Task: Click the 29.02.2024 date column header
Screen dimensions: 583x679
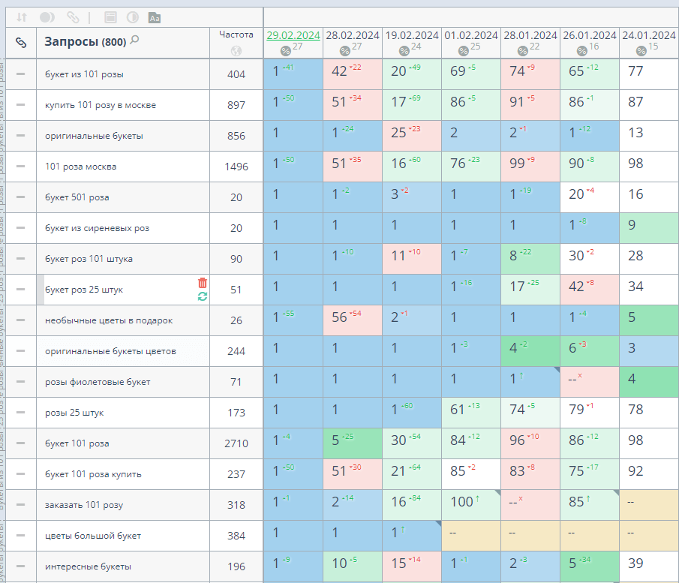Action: [293, 35]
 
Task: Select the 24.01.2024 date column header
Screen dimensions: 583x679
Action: [650, 35]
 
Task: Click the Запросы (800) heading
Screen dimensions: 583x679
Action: [85, 42]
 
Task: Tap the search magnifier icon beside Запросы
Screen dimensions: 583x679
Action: [134, 41]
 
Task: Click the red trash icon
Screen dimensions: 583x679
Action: [203, 282]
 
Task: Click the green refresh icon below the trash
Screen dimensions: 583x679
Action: [203, 296]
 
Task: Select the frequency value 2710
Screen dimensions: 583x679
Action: [236, 443]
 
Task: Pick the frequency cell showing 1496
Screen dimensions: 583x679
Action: [236, 167]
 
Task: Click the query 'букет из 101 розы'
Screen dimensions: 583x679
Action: [84, 74]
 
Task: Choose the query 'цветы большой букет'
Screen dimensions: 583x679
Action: [93, 536]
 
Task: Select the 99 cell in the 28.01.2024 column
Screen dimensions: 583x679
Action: [530, 167]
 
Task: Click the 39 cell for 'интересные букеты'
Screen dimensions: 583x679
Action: [649, 566]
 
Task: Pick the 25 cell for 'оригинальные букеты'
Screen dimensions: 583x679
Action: [411, 136]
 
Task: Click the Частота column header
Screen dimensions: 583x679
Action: [236, 35]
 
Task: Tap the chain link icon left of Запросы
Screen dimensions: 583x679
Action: [21, 43]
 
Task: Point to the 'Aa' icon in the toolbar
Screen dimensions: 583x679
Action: [155, 17]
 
